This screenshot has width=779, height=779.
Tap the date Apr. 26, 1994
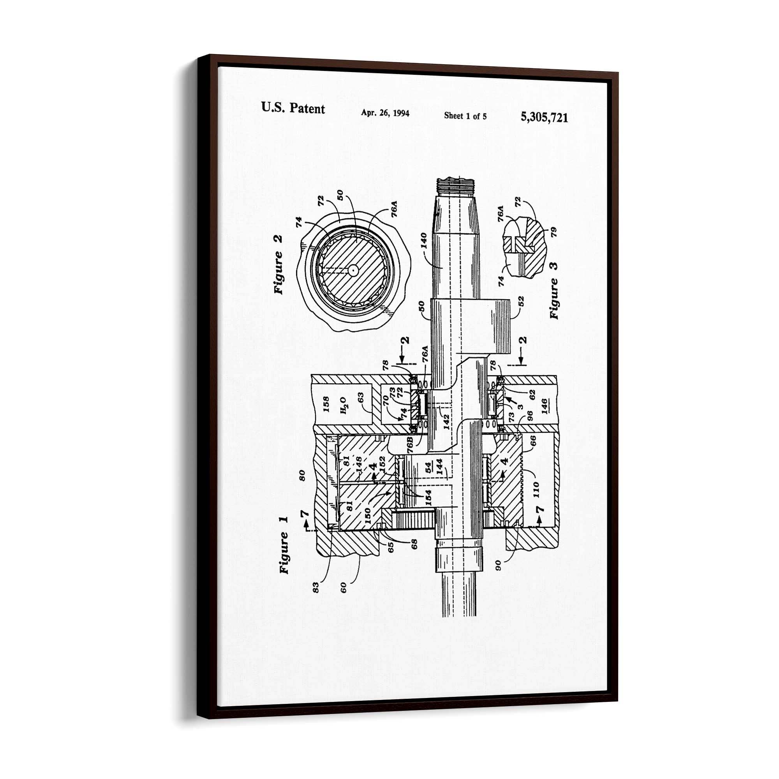pos(385,113)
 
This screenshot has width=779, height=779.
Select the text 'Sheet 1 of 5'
pos(465,116)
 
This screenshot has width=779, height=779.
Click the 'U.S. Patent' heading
pos(293,108)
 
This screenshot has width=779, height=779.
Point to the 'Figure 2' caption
pos(278,265)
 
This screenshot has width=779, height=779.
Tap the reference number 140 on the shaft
pos(423,241)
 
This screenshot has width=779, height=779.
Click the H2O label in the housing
pos(343,405)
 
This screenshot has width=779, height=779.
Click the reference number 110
pos(536,490)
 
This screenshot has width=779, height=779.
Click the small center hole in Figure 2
pos(353,271)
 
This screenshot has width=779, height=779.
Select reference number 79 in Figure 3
pos(553,232)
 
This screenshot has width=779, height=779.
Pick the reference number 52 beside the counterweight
pos(520,301)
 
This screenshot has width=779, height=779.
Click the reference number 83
pos(316,587)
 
